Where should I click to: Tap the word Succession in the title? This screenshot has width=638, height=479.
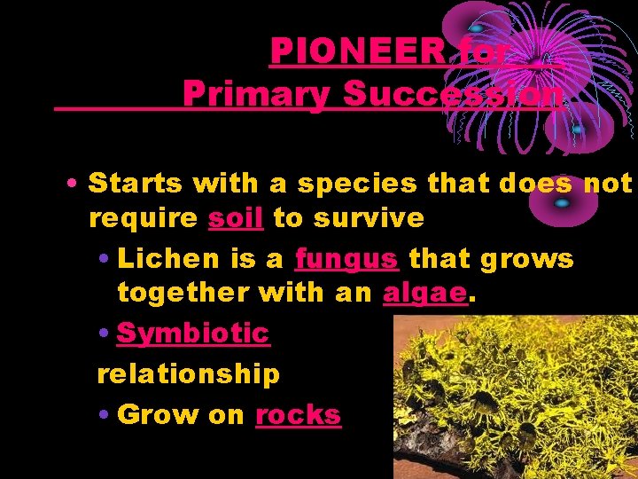453,94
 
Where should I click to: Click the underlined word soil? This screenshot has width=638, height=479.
236,217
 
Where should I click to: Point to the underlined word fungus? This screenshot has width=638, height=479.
346,258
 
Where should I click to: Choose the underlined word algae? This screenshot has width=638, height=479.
424,293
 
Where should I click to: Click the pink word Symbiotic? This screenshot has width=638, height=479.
192,333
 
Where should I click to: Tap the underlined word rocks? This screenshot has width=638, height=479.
298,414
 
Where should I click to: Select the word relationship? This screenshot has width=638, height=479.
188,373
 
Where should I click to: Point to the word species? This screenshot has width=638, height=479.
357,184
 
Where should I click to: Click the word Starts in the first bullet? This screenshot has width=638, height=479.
137,184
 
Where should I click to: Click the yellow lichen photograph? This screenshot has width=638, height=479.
514,395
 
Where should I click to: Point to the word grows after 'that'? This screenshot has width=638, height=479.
526,258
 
